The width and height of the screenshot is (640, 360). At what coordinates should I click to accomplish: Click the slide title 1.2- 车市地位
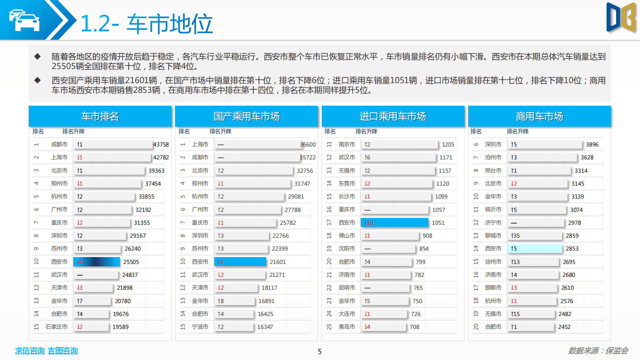tap(146, 24)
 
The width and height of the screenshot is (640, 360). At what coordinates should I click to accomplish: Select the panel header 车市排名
tap(100, 117)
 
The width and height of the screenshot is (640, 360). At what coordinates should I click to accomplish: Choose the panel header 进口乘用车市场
tap(393, 117)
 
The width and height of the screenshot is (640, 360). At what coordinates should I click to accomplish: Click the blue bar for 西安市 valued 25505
tap(96, 262)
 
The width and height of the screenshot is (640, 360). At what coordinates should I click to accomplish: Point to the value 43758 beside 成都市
tap(161, 144)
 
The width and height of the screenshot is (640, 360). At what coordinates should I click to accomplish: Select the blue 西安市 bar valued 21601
tap(240, 262)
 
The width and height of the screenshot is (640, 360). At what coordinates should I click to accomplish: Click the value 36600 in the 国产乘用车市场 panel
tap(308, 144)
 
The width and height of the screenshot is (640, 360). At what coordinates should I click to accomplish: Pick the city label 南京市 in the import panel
tap(347, 144)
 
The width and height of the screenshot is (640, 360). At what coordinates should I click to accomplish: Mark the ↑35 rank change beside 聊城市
tap(515, 236)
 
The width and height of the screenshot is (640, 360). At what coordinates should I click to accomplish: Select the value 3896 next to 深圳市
tap(592, 144)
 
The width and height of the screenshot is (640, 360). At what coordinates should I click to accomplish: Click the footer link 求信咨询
tap(30, 351)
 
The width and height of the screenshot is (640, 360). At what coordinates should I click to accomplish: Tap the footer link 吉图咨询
tap(63, 351)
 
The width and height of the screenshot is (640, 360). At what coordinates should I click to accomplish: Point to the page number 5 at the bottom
tap(320, 352)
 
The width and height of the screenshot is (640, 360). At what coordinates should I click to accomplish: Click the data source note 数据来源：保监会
tap(598, 351)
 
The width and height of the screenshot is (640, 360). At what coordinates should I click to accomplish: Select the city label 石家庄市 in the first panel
tap(56, 327)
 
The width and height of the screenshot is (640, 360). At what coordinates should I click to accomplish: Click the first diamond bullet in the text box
tap(38, 57)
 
